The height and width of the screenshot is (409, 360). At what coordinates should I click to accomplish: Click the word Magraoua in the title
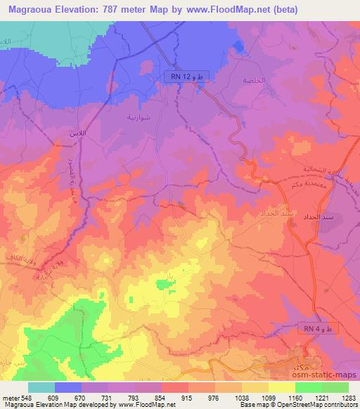(34, 10)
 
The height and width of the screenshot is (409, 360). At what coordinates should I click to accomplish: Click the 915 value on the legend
(186, 397)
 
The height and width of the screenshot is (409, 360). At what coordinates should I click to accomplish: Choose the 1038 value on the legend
(240, 397)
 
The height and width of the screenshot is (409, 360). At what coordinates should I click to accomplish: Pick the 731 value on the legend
(105, 397)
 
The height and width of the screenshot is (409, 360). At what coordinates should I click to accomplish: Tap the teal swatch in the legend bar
(41, 387)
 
